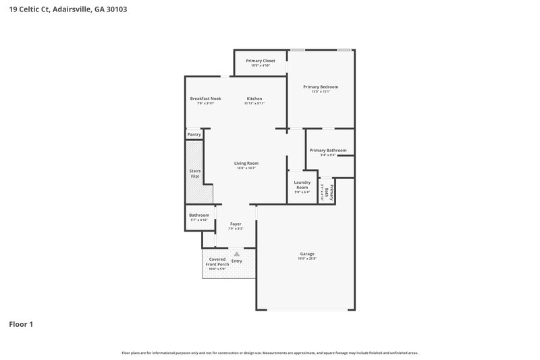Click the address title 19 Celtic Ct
click(67, 9)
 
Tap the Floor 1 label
click(21, 324)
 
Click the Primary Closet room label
click(260, 61)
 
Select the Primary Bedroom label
click(320, 86)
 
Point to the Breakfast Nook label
click(205, 99)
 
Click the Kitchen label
click(254, 99)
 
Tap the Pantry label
click(194, 135)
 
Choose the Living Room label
click(246, 163)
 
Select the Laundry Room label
click(302, 184)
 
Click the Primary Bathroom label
click(327, 150)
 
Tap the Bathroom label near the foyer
click(199, 215)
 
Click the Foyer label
click(236, 224)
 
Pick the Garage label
click(307, 254)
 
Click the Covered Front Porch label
click(217, 261)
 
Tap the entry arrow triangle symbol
click(236, 254)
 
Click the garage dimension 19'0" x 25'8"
click(307, 259)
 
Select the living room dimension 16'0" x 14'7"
click(246, 168)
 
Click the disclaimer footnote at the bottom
click(270, 353)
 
